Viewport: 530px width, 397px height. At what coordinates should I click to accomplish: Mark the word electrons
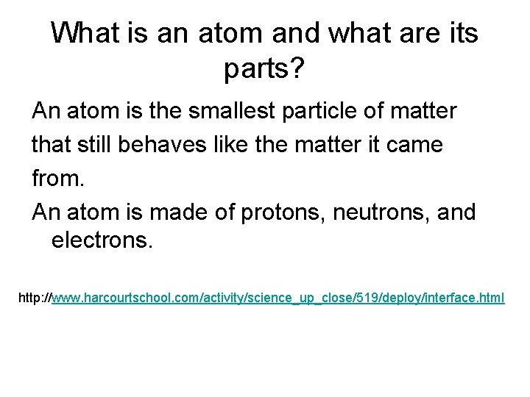(102, 242)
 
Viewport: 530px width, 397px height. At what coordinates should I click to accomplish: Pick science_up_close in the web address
(300, 298)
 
